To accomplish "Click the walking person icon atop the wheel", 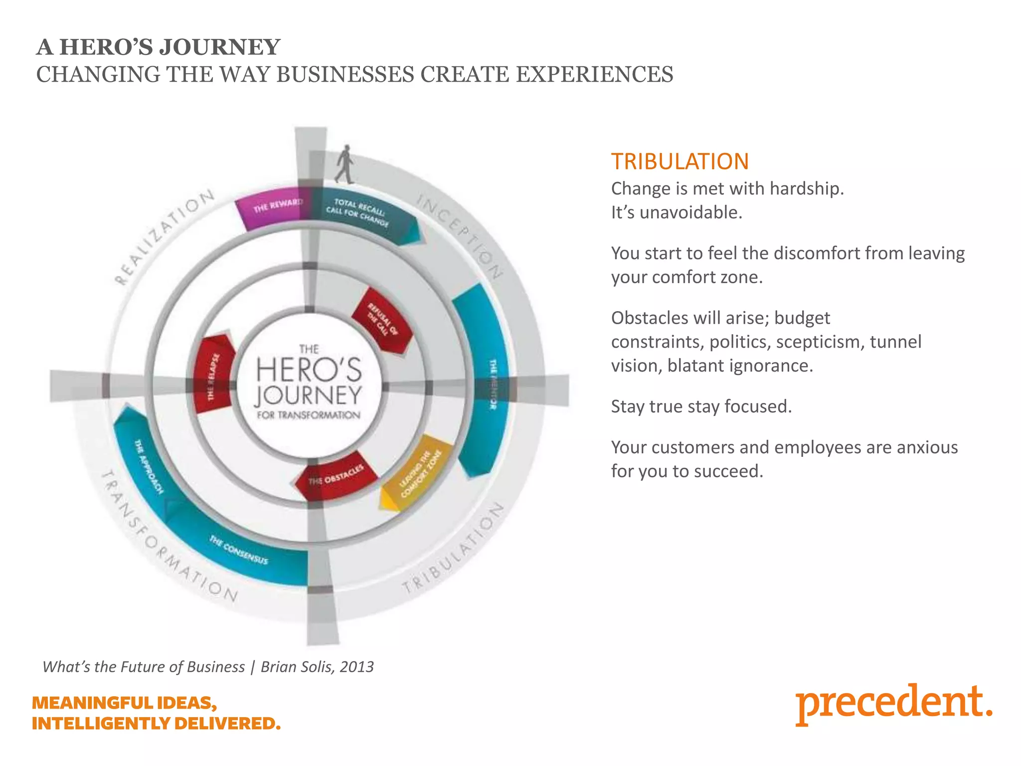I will point(344,164).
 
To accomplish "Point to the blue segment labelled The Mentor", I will point(486,379).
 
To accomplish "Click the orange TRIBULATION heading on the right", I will point(680,162).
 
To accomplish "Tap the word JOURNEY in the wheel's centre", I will point(309,395).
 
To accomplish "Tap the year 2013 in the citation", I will point(356,667).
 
